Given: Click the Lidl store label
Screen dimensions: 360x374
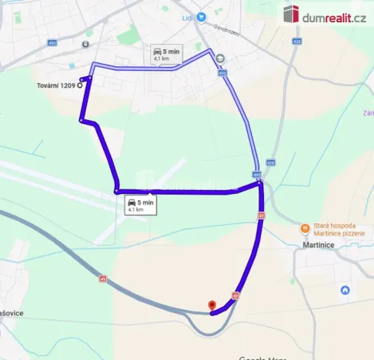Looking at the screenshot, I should coord(187,16).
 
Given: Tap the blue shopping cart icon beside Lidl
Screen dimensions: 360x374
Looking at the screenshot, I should coord(201,17).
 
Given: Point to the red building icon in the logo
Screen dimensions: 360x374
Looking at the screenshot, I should coord(291,14).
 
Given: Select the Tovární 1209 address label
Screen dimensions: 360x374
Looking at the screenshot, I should coord(56,85).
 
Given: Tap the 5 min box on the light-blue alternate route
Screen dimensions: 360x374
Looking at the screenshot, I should coord(166,54).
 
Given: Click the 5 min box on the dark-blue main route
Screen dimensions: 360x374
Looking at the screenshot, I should coord(141,205).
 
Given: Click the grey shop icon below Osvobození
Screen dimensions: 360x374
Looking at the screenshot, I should coord(220,58).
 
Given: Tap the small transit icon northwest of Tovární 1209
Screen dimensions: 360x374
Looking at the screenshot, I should coord(84,44).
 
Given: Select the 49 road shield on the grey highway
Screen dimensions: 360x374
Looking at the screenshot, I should coord(102,278).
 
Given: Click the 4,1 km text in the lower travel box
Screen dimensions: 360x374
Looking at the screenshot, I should coord(135,209).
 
